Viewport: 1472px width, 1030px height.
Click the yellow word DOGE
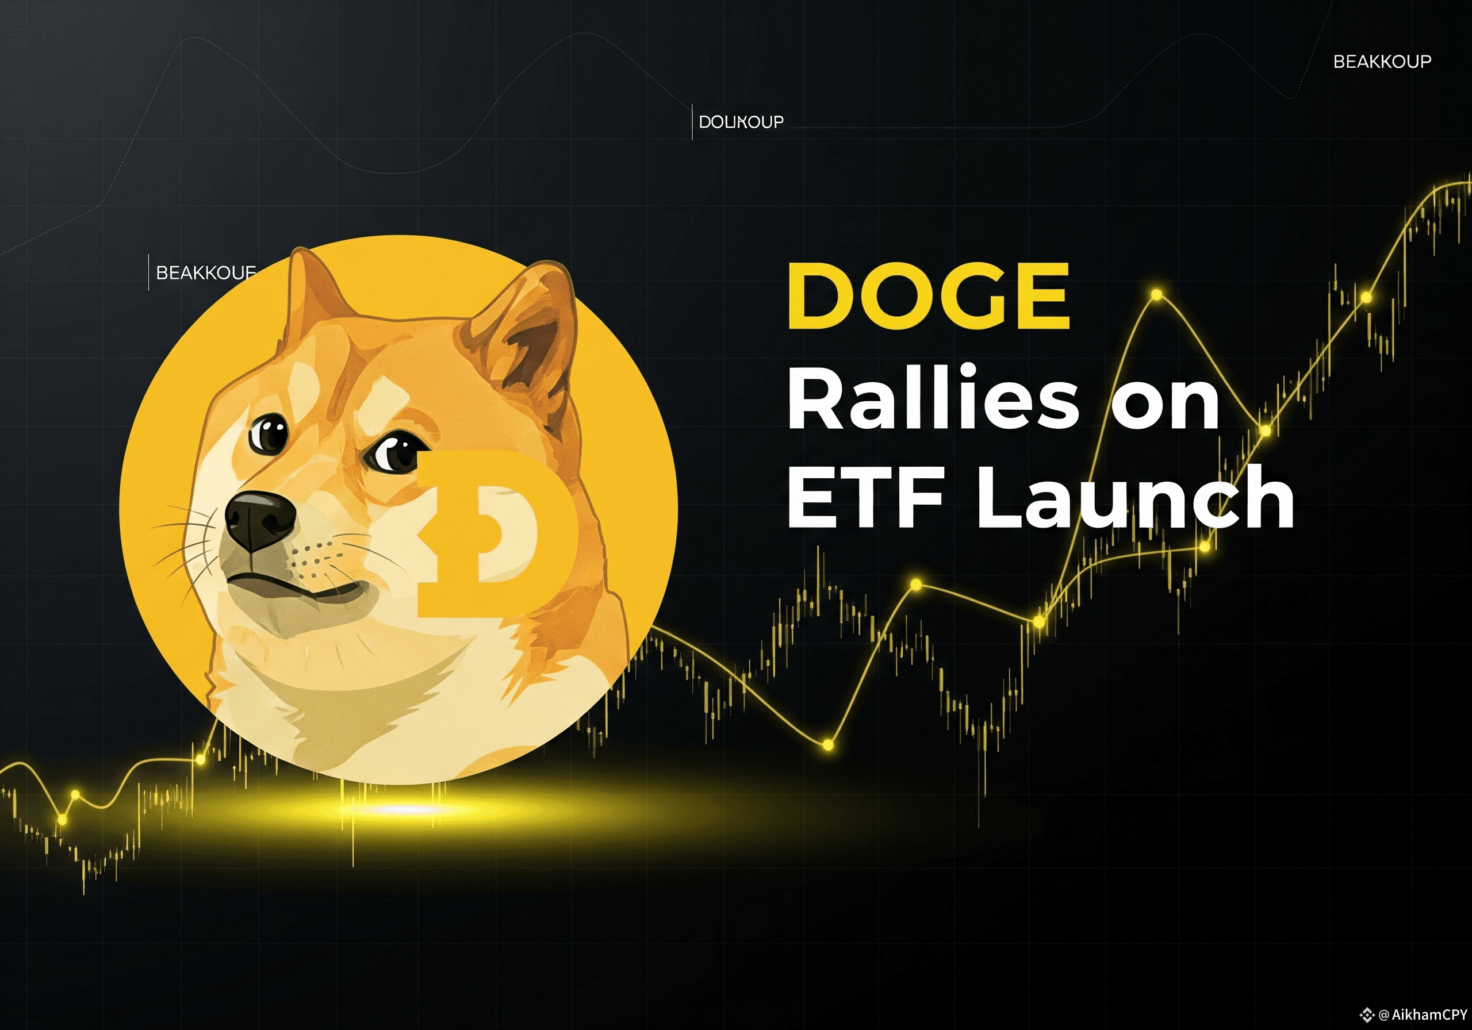click(928, 296)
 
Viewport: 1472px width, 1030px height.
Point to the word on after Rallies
click(1166, 404)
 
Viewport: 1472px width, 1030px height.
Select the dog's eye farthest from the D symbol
click(269, 434)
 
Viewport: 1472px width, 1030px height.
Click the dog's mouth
click(301, 586)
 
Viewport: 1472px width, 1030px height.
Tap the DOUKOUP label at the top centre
click(741, 122)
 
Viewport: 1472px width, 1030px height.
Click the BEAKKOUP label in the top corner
click(1382, 62)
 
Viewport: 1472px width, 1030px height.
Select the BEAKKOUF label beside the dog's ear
click(206, 273)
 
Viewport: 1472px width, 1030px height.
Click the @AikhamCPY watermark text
click(1422, 1014)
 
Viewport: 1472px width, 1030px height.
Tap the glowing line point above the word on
click(1156, 295)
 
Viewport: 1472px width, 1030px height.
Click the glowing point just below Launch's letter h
click(1205, 547)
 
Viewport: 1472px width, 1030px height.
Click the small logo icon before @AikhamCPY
click(1367, 1014)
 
